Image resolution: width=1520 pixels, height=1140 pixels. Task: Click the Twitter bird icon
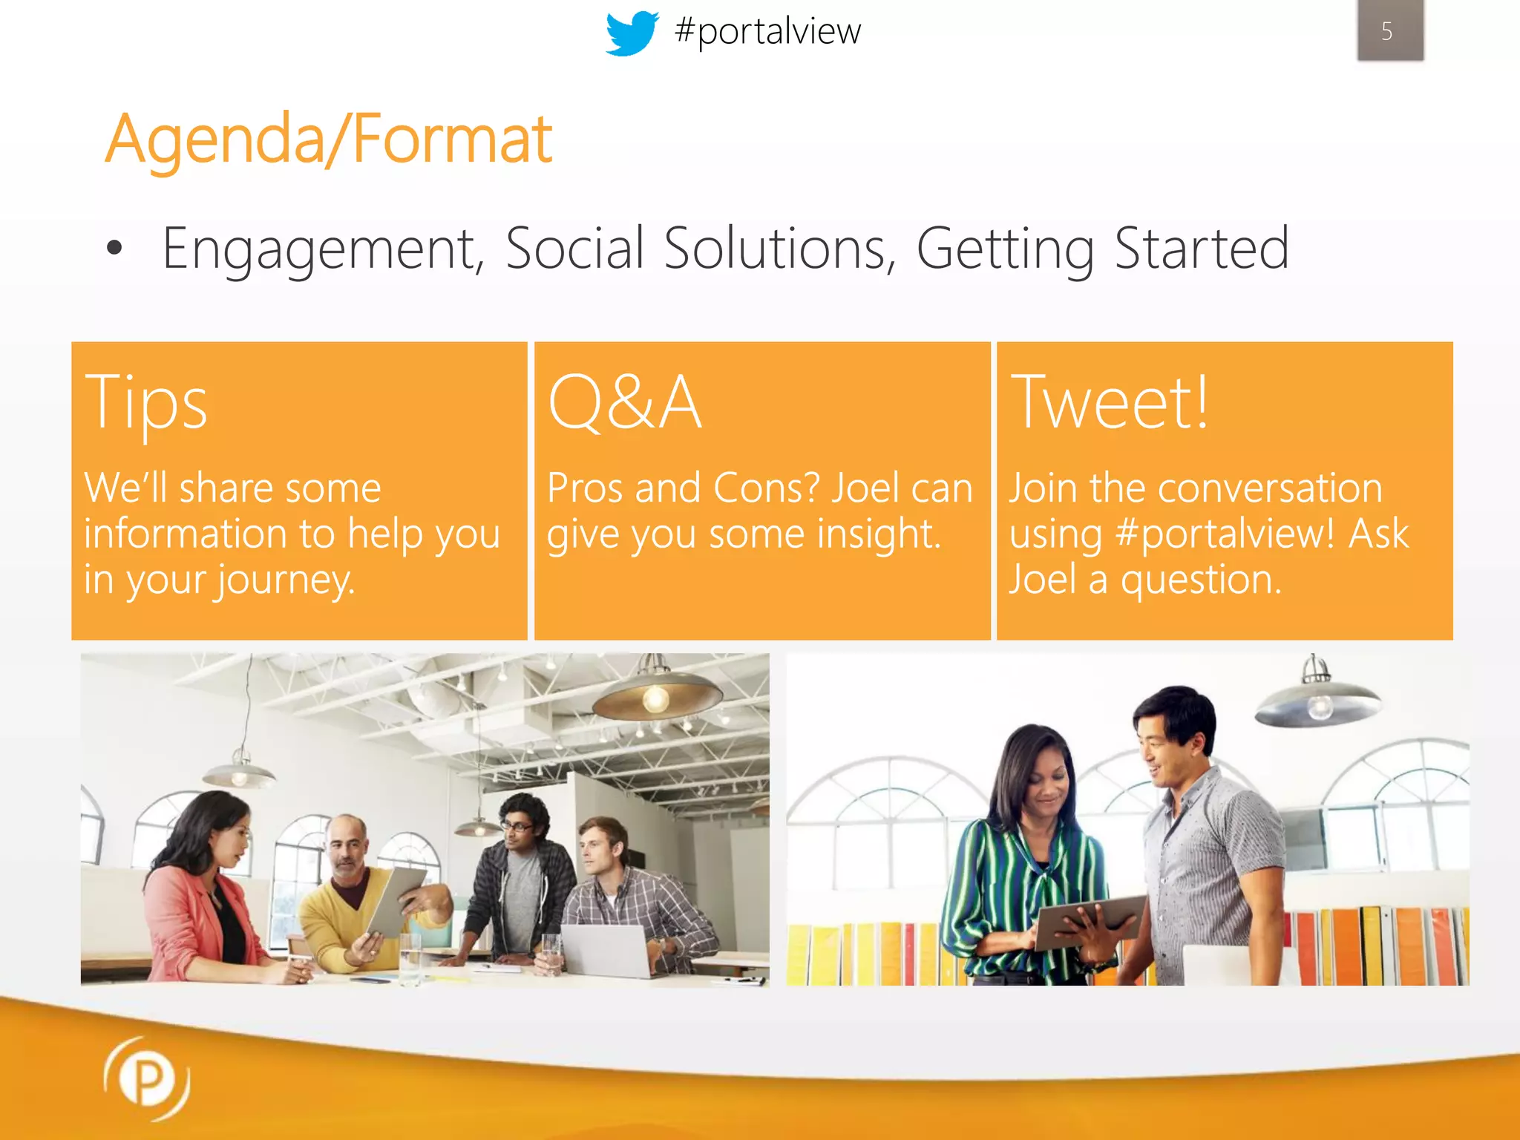[x=632, y=33]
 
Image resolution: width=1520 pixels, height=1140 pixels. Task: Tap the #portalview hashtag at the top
[x=767, y=31]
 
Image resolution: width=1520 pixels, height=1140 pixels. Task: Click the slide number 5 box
[x=1389, y=30]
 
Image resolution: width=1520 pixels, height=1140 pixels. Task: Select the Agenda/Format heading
[x=329, y=139]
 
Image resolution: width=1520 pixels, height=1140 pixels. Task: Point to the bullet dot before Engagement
[x=114, y=248]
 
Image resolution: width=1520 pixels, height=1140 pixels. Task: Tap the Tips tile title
[x=146, y=404]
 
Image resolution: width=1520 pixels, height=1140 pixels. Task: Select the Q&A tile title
[x=624, y=402]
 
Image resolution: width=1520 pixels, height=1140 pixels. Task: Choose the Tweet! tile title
[x=1110, y=402]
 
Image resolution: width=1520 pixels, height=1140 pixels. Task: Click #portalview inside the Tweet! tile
[x=1225, y=534]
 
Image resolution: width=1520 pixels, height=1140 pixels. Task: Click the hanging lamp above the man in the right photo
[x=1317, y=698]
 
